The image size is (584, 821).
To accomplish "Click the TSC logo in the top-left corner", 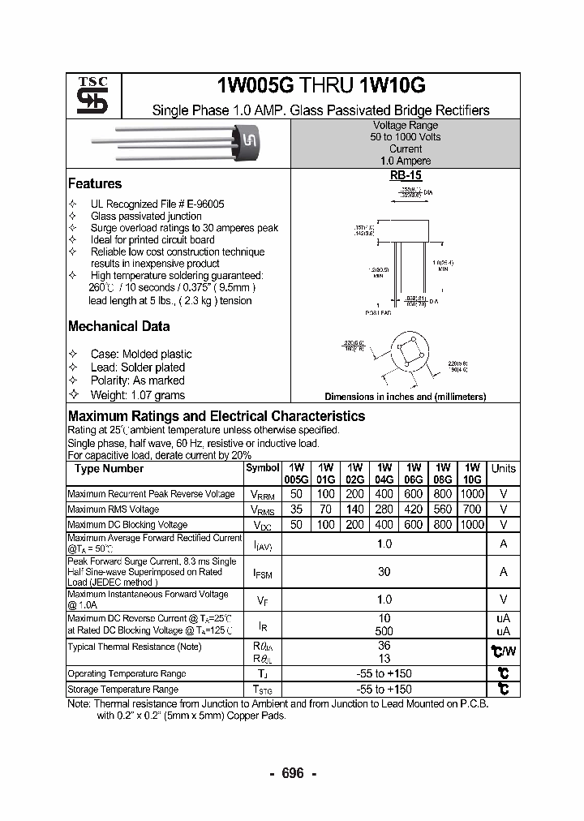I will [87, 96].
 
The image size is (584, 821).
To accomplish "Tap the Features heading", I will [95, 184].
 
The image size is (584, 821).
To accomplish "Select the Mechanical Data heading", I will [118, 326].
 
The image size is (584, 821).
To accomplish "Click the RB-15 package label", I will [406, 174].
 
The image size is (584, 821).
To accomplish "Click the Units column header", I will [503, 469].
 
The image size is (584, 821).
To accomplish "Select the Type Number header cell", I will [109, 469].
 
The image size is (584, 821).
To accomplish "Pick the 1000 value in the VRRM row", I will [471, 494].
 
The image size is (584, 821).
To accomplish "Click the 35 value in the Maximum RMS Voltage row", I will [296, 509].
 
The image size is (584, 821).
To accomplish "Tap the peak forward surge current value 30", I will [384, 572].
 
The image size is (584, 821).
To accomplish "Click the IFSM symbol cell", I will [262, 574].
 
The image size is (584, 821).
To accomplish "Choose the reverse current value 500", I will [384, 630].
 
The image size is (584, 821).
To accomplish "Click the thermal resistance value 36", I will [384, 646].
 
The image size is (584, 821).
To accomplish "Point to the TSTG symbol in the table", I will [262, 690].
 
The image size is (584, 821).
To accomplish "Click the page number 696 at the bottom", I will [292, 774].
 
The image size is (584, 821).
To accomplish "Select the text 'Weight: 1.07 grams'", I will [137, 395].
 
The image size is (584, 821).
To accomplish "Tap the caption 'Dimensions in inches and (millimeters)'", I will [405, 397].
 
